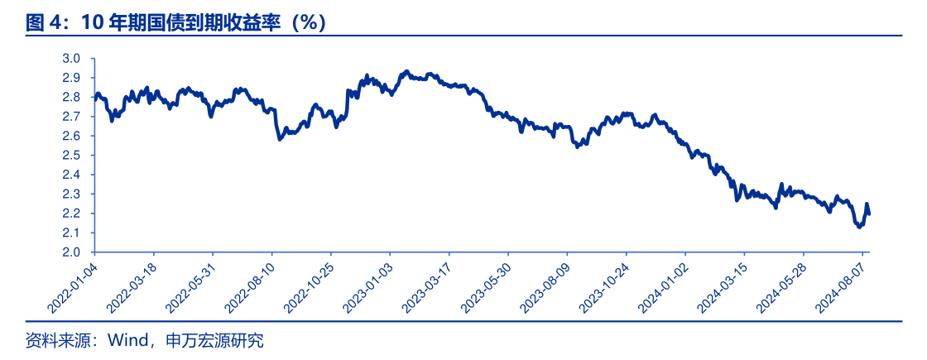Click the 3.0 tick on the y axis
point(71,59)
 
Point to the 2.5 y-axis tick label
point(71,156)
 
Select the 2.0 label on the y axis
point(71,252)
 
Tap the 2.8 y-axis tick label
point(71,98)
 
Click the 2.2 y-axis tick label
point(71,214)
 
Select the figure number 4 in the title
point(55,22)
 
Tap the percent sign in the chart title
point(309,22)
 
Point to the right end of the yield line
point(868,214)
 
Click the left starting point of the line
point(95,97)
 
